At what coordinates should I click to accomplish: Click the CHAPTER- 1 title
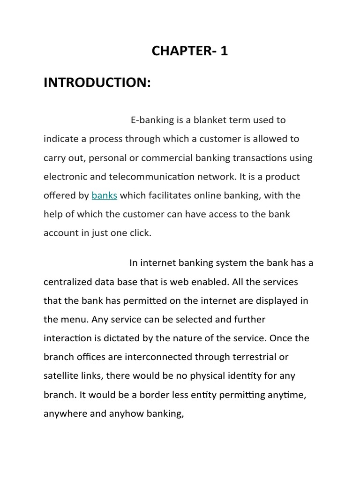189,51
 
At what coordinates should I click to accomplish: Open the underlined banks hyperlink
105,195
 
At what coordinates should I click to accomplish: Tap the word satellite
61,376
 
